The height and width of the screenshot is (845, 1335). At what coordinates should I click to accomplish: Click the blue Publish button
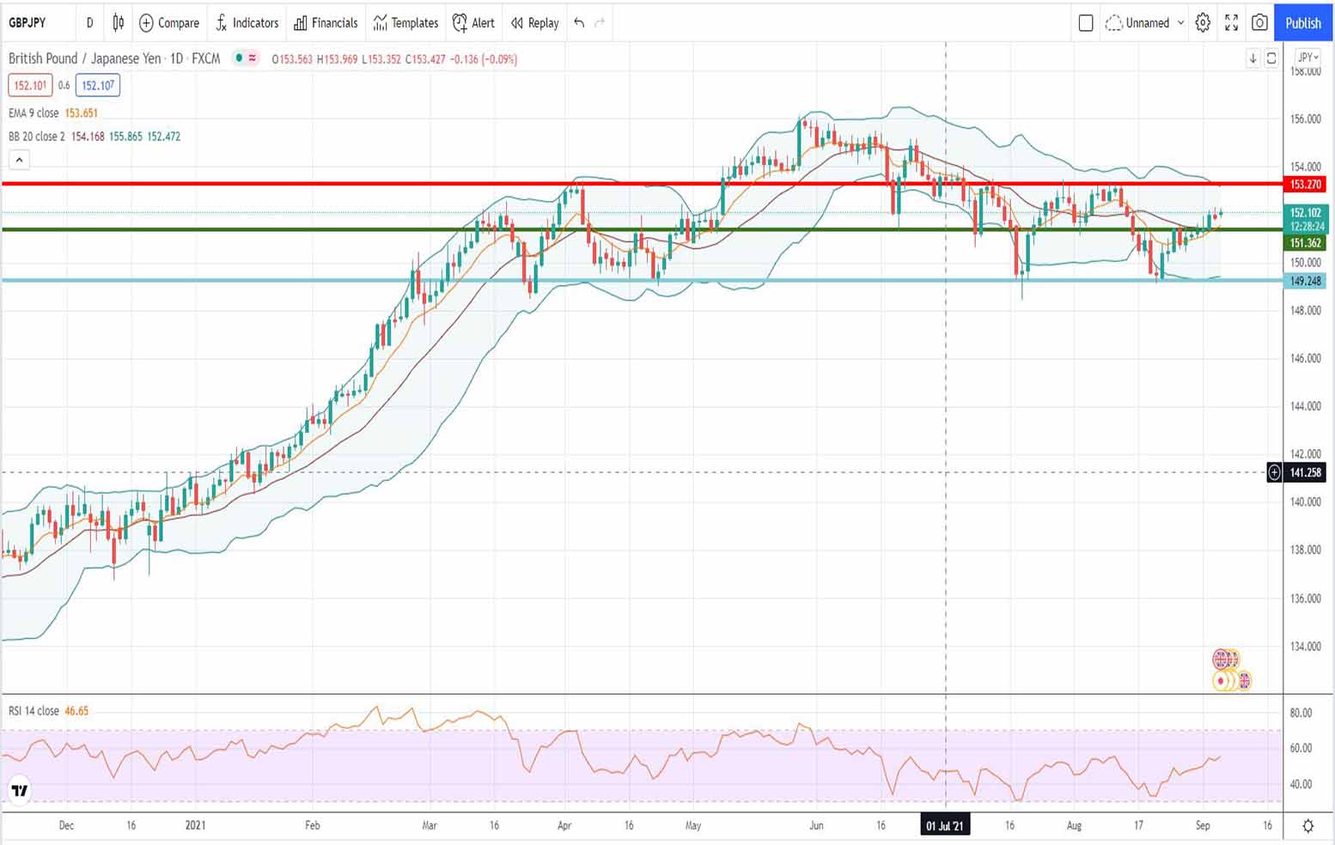tap(1302, 23)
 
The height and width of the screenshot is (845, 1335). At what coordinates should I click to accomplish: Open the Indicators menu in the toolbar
tap(247, 23)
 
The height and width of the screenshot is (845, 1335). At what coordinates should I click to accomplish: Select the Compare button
tap(169, 23)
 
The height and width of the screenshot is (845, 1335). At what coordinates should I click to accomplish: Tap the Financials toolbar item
tap(326, 23)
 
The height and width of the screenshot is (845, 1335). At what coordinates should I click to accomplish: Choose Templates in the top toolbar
tap(405, 23)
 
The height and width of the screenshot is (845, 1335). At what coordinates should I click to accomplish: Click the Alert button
tap(474, 23)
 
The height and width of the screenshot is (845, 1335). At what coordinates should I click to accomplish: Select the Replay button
tap(535, 23)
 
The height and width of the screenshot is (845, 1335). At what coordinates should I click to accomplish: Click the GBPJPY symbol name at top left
tap(27, 23)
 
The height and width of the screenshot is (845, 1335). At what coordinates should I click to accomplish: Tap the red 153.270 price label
tap(1305, 185)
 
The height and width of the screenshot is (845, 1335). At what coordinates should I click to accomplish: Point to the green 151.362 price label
tap(1305, 243)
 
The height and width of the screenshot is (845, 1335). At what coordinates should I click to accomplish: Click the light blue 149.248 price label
tap(1305, 281)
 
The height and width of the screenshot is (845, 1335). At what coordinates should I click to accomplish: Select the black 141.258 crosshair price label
tap(1305, 472)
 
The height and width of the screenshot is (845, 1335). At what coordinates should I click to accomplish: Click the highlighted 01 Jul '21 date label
tap(944, 826)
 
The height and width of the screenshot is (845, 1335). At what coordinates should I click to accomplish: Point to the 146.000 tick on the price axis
tap(1305, 358)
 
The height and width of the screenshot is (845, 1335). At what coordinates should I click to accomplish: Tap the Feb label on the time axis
tap(312, 825)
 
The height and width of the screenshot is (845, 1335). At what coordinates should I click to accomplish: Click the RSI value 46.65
tap(76, 711)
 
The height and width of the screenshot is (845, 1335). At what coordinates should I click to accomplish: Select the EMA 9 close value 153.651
tap(81, 113)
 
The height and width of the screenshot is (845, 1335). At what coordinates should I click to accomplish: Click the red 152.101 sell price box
tap(30, 86)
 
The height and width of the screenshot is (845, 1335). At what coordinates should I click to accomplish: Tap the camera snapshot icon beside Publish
tap(1259, 23)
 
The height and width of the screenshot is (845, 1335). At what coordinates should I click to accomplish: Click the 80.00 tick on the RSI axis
tap(1301, 713)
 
